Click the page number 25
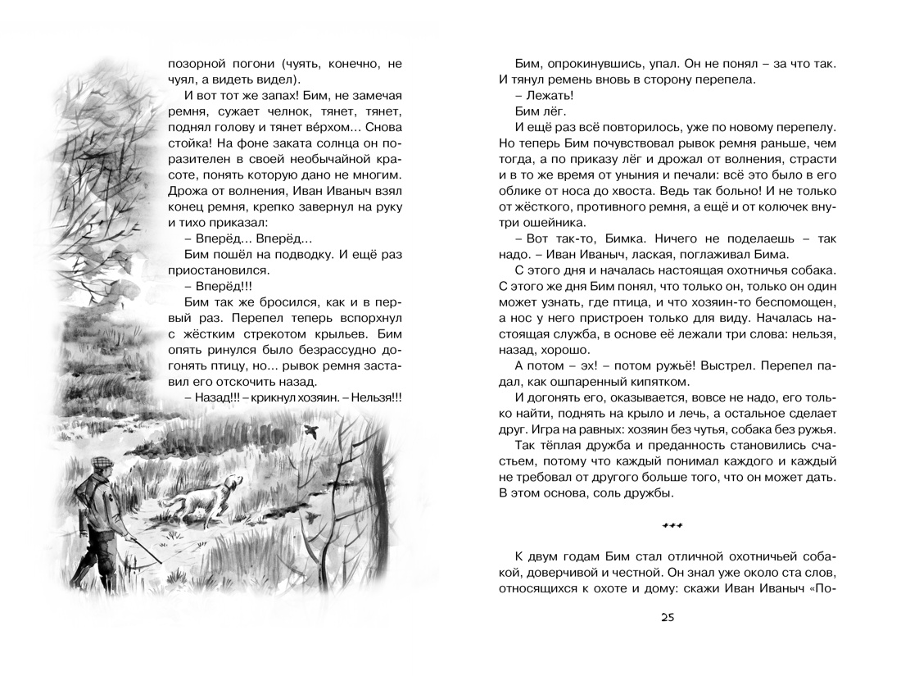coord(665,618)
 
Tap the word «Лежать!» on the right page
coord(544,96)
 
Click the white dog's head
coord(234,482)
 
